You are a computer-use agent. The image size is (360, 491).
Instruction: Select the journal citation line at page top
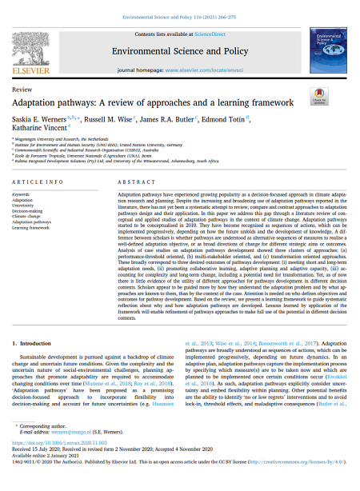coord(179,16)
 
